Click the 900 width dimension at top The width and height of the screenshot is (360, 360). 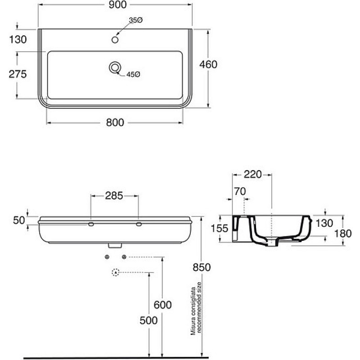point(117,4)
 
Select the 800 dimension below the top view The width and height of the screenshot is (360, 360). point(115,122)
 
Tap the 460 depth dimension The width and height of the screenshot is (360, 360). point(208,64)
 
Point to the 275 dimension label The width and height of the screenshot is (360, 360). point(18,74)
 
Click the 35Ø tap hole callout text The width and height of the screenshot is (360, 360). point(136,20)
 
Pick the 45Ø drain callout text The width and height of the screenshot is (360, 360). point(133,74)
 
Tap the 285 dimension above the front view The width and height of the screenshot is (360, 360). point(114,196)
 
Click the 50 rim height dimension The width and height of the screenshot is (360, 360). point(19,220)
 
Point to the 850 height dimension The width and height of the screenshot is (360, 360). point(202,267)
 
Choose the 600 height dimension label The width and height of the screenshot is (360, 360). point(162,305)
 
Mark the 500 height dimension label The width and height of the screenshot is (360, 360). point(148,320)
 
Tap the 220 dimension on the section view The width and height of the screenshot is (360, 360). point(252,175)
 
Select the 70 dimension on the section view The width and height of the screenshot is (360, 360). point(240,191)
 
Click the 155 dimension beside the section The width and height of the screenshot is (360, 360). point(220,229)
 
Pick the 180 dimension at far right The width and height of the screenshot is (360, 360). point(343,234)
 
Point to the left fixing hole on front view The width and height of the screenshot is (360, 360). point(91,224)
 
